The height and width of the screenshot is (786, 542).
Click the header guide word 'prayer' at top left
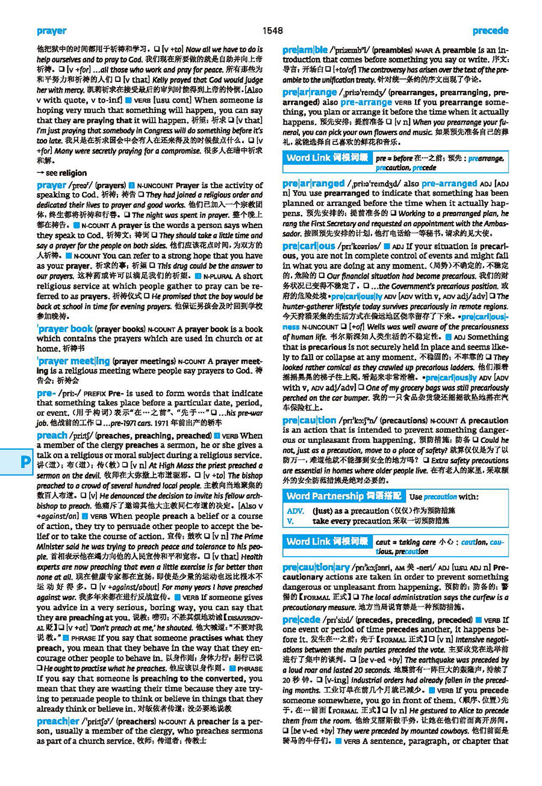coord(51,31)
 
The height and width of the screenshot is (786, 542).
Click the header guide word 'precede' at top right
coord(490,31)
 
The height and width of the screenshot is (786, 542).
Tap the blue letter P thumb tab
coord(25,462)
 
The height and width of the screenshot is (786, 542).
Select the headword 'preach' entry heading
coord(52,435)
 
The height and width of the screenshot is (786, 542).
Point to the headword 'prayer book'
coord(64,329)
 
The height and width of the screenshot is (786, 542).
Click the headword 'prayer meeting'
coord(73,361)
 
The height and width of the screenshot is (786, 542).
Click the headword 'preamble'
coord(305,50)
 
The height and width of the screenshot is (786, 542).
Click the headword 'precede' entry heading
coord(301,619)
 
